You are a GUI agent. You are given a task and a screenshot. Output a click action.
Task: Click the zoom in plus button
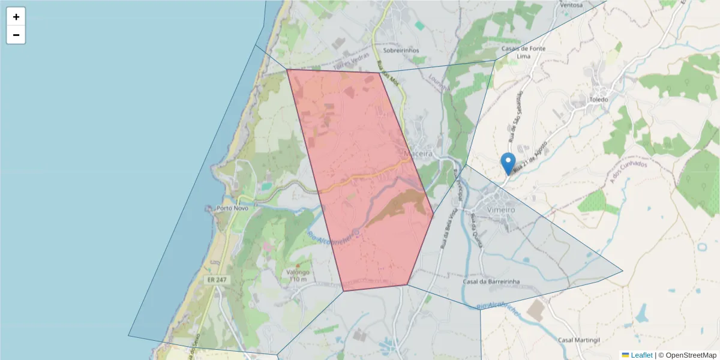(x=16, y=17)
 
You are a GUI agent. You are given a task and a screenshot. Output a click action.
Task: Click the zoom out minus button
(x=16, y=35)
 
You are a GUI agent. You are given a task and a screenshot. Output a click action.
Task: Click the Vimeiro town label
(x=502, y=210)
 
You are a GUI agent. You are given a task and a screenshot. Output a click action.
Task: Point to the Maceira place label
(x=418, y=154)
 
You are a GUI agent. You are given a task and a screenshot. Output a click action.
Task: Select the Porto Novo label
(x=233, y=208)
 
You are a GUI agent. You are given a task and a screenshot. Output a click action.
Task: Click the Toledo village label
(x=599, y=100)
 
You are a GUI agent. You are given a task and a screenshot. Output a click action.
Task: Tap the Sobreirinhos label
(x=402, y=51)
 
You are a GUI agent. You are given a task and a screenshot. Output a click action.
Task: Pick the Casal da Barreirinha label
(x=491, y=281)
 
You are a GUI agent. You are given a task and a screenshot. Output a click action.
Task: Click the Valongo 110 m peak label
(x=299, y=275)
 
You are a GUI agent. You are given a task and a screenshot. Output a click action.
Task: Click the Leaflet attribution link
(x=641, y=355)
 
